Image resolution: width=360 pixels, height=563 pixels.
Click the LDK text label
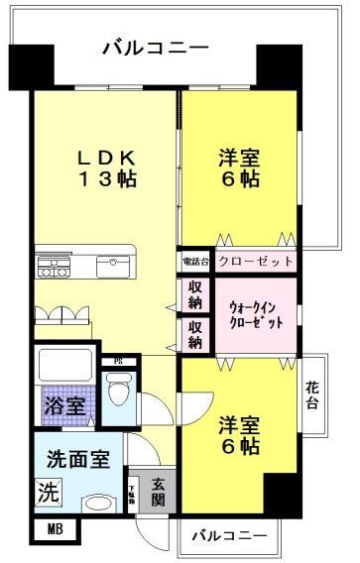(102, 159)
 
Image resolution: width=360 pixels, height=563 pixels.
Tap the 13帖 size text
(103, 181)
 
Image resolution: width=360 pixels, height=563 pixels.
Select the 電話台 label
(192, 262)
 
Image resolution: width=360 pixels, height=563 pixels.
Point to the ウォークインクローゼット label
(255, 315)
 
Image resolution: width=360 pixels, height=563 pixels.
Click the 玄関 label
(159, 491)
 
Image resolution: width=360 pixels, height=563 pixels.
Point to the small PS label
(118, 361)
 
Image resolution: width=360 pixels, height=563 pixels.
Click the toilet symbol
(115, 393)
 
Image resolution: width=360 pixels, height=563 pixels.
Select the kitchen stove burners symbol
(54, 266)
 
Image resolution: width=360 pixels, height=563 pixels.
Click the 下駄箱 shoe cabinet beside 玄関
(133, 491)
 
